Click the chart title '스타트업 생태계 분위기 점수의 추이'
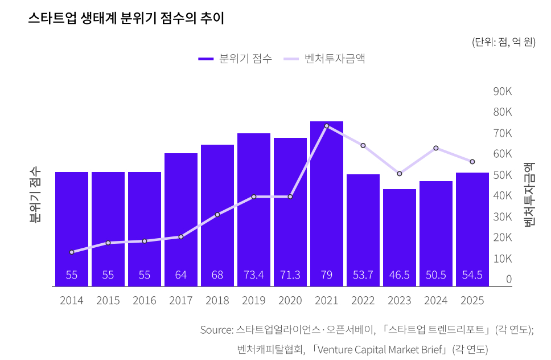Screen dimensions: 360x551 point(126,18)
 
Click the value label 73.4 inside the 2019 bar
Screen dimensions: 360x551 point(254,275)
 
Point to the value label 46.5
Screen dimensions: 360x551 point(400,275)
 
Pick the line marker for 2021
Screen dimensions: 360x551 point(327,126)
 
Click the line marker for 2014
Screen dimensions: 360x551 point(72,252)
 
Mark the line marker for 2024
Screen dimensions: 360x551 point(436,148)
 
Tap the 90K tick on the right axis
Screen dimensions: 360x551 point(503,91)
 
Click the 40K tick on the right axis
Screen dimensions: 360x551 point(503,196)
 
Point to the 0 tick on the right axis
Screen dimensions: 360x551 point(509,279)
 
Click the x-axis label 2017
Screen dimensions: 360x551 point(181,301)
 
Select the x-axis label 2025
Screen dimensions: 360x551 point(472,301)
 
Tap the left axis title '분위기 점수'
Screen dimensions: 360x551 point(35,194)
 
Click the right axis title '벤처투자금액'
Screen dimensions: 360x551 point(529,194)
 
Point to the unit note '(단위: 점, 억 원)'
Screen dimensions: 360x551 point(503,42)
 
